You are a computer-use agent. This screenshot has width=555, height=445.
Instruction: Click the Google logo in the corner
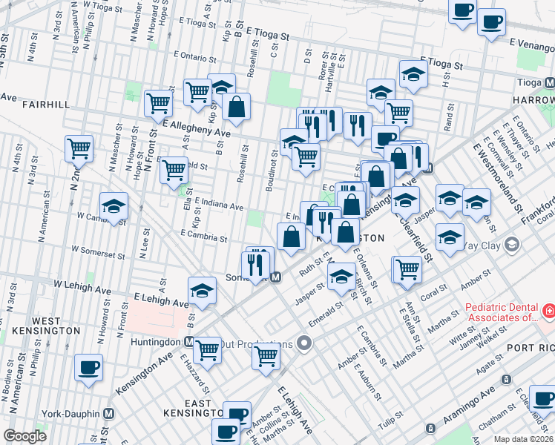click(x=24, y=436)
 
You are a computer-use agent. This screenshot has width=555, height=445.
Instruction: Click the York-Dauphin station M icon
click(x=108, y=413)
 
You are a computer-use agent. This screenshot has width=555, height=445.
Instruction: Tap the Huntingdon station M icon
click(x=189, y=343)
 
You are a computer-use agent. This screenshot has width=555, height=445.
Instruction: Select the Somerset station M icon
click(x=275, y=277)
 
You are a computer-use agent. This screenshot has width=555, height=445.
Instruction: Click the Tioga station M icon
click(x=549, y=82)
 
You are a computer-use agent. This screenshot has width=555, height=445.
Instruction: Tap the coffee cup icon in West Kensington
click(x=88, y=366)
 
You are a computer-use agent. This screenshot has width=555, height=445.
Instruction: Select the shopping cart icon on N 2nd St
click(x=79, y=147)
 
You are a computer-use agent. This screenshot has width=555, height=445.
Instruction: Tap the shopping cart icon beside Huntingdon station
click(x=207, y=347)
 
